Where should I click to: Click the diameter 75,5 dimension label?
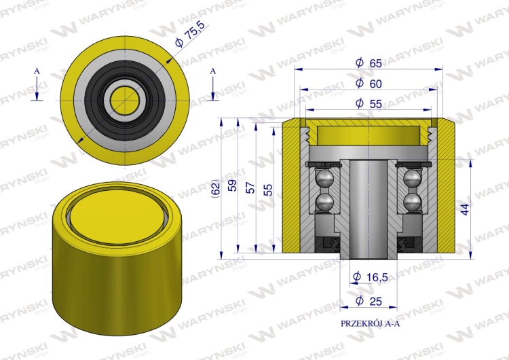[191, 35]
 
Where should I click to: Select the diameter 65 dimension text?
[369, 62]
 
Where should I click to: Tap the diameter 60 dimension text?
[369, 84]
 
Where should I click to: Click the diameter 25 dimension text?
[369, 301]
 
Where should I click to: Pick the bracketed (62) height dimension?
[215, 188]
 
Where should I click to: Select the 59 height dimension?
[232, 185]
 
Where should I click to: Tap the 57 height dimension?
[250, 187]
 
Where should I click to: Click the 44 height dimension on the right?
[465, 209]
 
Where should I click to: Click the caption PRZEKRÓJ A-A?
[370, 323]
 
